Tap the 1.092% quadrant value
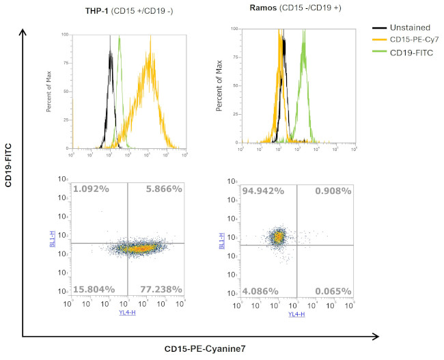click(x=91, y=189)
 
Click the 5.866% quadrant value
click(x=164, y=189)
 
